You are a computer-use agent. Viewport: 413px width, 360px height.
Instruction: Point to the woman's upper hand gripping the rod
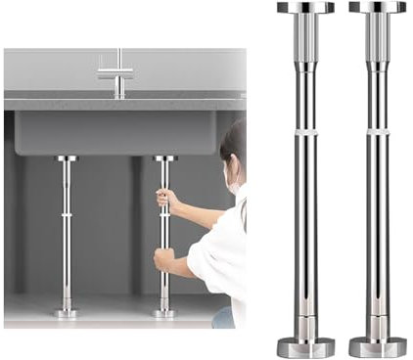click(x=167, y=200)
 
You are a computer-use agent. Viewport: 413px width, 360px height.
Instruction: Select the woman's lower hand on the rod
click(x=163, y=261)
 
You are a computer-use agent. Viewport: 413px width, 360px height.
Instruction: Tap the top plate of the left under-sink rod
click(x=67, y=157)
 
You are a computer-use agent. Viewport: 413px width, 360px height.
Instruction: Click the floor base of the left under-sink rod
click(x=67, y=313)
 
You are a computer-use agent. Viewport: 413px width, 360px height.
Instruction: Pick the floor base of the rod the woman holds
click(x=163, y=313)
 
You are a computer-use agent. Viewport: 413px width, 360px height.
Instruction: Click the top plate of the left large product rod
click(x=304, y=8)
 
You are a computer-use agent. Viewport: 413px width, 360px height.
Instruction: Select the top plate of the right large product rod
click(x=377, y=8)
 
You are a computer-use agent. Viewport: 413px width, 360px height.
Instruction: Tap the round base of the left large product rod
click(x=304, y=347)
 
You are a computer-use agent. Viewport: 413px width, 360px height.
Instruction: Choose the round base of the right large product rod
click(x=377, y=347)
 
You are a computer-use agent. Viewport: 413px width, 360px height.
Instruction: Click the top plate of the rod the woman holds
click(x=163, y=157)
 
